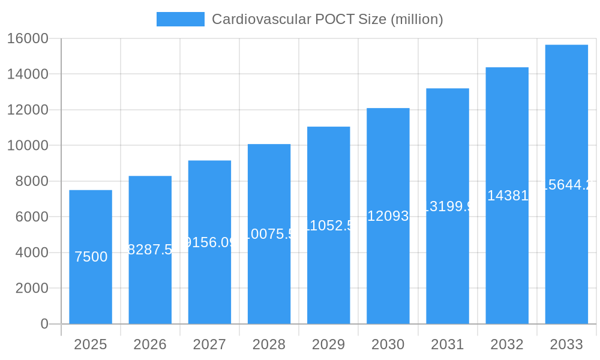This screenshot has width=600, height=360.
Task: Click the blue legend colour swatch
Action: pyautogui.click(x=180, y=19)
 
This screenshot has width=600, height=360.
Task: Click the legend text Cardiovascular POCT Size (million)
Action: pyautogui.click(x=327, y=19)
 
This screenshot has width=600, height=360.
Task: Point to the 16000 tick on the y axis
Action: pyautogui.click(x=28, y=38)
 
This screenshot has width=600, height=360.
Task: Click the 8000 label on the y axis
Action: pyautogui.click(x=32, y=181)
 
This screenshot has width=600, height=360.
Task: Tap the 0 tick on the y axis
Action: pyautogui.click(x=44, y=324)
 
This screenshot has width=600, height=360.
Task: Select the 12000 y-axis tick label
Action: pyautogui.click(x=28, y=110)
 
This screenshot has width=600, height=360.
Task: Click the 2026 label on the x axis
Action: pyautogui.click(x=150, y=344)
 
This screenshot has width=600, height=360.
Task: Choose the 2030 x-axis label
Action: pyautogui.click(x=388, y=344)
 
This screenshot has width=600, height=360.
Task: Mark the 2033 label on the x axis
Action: pyautogui.click(x=566, y=344)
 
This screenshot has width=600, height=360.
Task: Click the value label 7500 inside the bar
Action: pyautogui.click(x=91, y=257)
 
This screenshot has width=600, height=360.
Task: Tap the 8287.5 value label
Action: pyautogui.click(x=150, y=250)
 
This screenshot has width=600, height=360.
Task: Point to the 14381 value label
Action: pyautogui.click(x=508, y=196)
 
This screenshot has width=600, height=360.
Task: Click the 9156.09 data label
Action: pyautogui.click(x=209, y=242)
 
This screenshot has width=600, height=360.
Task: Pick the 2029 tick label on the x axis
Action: pyautogui.click(x=328, y=344)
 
